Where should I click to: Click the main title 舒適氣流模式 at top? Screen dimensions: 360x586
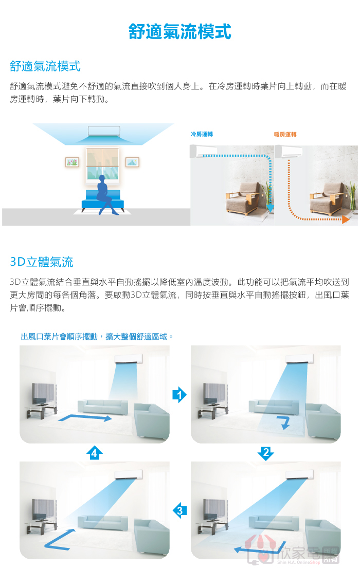(x=180, y=31)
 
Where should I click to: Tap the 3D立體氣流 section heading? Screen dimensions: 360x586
(x=42, y=262)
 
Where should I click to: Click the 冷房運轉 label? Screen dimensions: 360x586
(x=202, y=134)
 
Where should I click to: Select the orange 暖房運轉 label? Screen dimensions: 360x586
(x=285, y=135)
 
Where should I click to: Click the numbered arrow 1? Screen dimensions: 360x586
(x=179, y=395)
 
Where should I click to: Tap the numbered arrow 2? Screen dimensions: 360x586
(x=266, y=453)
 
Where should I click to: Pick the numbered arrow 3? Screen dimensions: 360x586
(x=180, y=510)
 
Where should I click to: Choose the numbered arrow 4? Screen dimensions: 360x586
(x=95, y=453)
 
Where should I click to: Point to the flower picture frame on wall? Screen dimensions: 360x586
(x=72, y=162)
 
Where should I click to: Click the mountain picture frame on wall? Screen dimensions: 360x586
(x=132, y=162)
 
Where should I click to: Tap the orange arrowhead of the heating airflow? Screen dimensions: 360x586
(x=346, y=219)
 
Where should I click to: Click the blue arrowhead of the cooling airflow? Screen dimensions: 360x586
(x=270, y=209)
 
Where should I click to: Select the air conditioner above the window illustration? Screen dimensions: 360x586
(x=104, y=131)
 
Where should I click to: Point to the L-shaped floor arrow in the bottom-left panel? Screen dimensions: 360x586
(x=60, y=540)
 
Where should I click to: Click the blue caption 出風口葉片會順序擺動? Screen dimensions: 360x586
(x=59, y=337)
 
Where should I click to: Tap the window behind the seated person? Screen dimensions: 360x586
(x=102, y=165)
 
